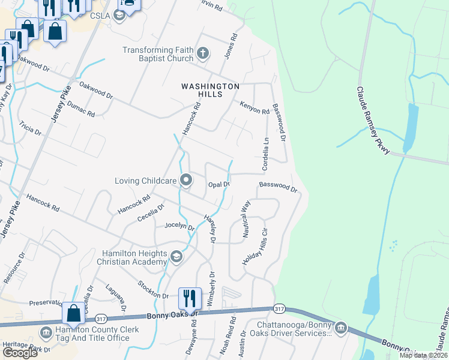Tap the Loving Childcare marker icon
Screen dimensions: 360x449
coord(186,179)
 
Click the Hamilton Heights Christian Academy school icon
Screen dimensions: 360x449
coord(176,257)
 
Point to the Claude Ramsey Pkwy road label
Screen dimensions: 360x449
coord(374,121)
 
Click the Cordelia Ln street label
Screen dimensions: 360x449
coord(265,154)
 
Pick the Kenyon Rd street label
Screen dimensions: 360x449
coord(255,107)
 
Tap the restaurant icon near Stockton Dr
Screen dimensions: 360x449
coord(189,298)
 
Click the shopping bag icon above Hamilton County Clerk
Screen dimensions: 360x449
coord(73,313)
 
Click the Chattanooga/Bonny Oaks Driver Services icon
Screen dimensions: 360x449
coord(341,328)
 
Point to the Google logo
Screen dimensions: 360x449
coord(20,353)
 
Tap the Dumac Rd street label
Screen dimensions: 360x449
coord(82,109)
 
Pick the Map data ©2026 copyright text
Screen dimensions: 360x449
coord(423,355)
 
